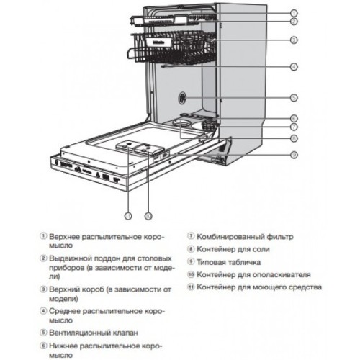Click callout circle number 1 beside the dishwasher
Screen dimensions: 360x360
pos(294,13)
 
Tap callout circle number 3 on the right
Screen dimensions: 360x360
pos(294,40)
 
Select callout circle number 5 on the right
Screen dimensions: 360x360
pos(294,96)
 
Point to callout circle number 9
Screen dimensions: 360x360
pos(294,154)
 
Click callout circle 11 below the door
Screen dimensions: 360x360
pos(128,215)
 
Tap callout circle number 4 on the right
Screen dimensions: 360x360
pos(294,67)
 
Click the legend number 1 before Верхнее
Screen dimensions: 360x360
pos(44,235)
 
